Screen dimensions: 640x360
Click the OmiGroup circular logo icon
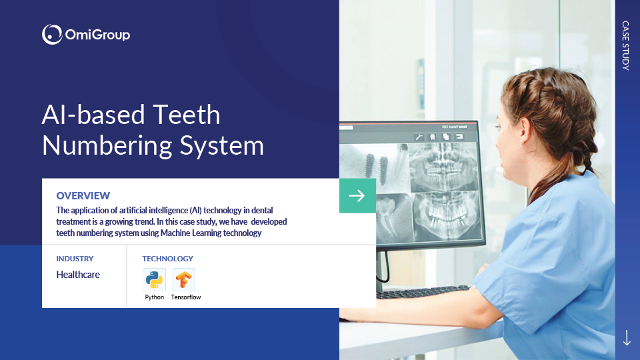coord(52,34)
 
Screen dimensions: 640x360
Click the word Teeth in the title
coord(187,115)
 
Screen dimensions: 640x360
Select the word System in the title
coord(222,145)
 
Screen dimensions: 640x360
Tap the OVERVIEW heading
coord(83,195)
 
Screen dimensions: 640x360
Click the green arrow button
coord(357,195)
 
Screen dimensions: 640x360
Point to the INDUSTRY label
coord(75,259)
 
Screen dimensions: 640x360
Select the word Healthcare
coord(78,274)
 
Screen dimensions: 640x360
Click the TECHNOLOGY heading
coord(167,259)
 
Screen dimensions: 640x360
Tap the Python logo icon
coord(154,279)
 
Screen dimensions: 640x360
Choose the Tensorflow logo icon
coord(184,279)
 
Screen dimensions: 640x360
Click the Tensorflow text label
coord(186,297)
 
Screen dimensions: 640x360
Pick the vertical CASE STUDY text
coord(626,46)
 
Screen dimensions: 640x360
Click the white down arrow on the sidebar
coord(627,337)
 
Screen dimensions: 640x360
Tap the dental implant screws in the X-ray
coord(377,167)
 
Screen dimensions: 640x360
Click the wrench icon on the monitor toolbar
coord(419,137)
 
